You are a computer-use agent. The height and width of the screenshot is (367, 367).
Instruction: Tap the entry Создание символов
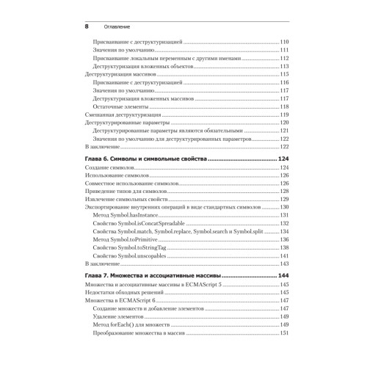point(108,168)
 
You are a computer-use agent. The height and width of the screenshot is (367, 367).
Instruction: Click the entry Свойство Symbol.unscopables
point(136,255)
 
